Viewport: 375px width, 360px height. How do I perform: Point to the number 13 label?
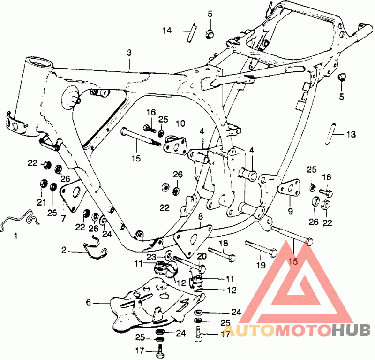(x=351, y=134)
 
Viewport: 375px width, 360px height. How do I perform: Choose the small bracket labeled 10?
(x=175, y=142)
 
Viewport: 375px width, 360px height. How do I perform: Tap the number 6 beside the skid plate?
(x=88, y=303)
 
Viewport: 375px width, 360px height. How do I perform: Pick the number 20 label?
(x=202, y=256)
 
